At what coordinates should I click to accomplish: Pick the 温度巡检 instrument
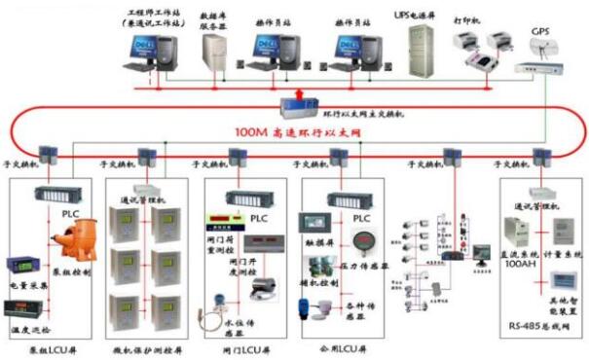coord(23,312)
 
